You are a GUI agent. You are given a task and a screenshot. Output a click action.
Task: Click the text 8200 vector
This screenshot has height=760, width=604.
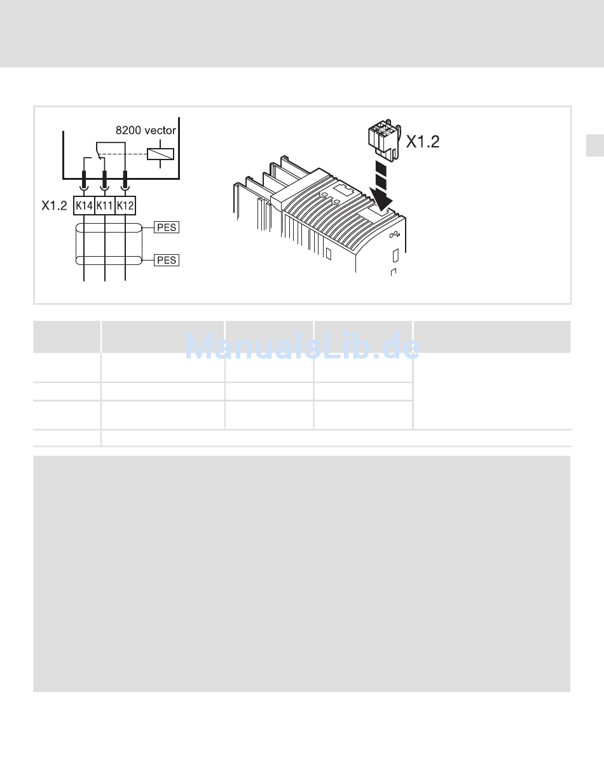(146, 130)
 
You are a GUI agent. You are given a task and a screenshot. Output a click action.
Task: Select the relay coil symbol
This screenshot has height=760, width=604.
(160, 154)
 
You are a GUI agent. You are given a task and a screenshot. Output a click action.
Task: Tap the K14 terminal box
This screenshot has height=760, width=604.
(84, 205)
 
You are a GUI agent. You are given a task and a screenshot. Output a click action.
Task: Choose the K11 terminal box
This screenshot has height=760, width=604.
(105, 205)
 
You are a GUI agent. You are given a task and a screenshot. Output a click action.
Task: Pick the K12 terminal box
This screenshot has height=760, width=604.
(125, 205)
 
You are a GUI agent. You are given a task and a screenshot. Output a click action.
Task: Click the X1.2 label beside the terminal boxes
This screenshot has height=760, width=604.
(54, 205)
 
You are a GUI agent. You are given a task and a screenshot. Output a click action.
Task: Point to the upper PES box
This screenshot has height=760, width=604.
(167, 227)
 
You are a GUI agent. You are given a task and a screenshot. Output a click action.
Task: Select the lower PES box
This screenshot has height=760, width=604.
(167, 261)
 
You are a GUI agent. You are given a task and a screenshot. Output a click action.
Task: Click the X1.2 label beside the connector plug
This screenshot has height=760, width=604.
(423, 142)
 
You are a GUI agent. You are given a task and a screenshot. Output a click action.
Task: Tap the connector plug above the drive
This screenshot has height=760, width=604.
(385, 140)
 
